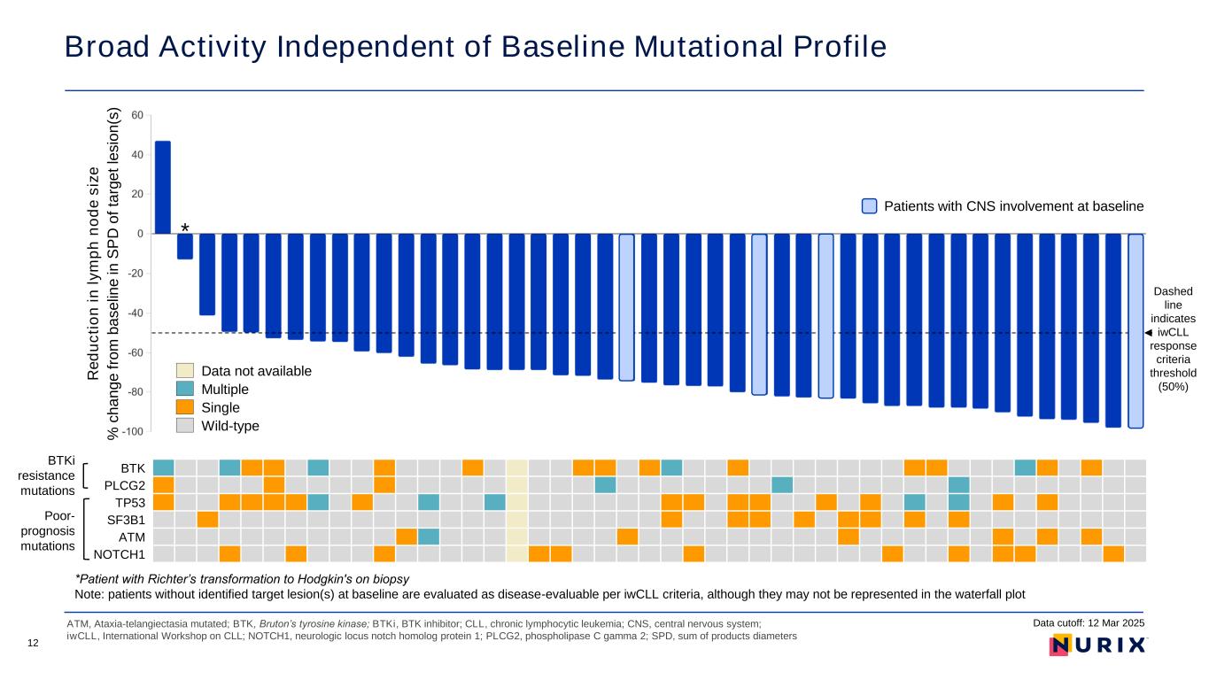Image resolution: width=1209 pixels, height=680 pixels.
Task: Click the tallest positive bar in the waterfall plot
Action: [x=162, y=188]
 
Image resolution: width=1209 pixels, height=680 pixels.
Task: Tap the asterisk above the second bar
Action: [x=185, y=228]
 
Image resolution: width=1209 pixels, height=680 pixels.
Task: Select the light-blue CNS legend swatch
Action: [x=869, y=206]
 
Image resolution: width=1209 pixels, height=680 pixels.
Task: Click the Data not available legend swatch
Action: [x=184, y=371]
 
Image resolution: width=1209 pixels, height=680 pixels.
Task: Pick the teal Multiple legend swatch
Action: [x=184, y=389]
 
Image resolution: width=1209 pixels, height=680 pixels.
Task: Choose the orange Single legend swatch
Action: [x=184, y=407]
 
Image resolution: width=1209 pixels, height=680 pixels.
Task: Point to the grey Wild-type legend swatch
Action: [x=184, y=425]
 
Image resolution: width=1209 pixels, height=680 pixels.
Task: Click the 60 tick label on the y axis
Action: [x=137, y=115]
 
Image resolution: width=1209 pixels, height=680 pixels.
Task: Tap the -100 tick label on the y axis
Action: [x=133, y=432]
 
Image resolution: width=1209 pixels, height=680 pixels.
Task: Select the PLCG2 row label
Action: [x=125, y=486]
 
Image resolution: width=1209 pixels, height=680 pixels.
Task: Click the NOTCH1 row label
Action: [x=120, y=554]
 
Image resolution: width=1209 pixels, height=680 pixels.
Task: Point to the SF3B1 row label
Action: [x=127, y=521]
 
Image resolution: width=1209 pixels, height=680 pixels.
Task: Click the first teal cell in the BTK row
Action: [x=164, y=467]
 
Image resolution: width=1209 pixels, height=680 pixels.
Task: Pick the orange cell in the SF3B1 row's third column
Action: [x=207, y=520]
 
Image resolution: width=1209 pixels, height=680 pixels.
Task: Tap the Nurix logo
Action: [x=1097, y=645]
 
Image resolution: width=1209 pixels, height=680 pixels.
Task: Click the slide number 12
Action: [x=33, y=643]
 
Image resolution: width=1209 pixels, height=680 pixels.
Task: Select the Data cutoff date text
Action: [x=1088, y=622]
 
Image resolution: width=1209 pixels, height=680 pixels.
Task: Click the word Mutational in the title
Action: [x=708, y=46]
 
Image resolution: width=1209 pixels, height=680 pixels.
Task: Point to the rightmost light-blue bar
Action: [x=1135, y=331]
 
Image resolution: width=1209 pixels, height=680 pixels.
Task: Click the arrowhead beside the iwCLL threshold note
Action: [x=1148, y=332]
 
